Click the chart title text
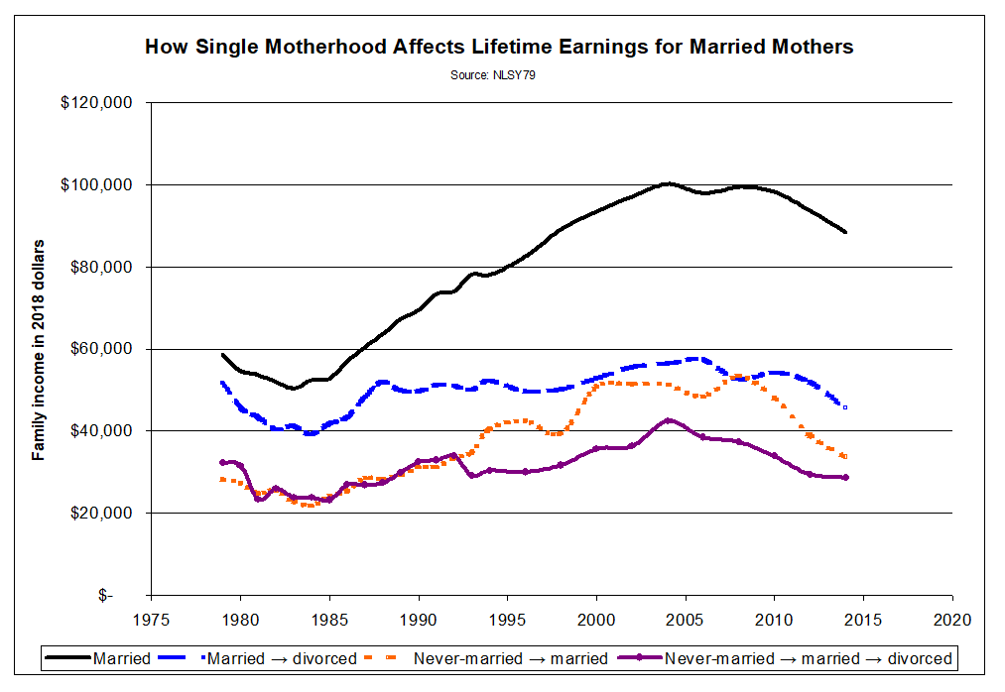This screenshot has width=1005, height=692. click(499, 47)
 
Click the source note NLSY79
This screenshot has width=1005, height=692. click(499, 73)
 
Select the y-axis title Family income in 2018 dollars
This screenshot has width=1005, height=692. click(39, 349)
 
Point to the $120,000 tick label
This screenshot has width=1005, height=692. click(97, 103)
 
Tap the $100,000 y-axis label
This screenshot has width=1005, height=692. click(97, 185)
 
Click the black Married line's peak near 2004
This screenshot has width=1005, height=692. click(668, 183)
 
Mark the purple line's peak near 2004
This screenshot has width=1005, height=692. click(669, 420)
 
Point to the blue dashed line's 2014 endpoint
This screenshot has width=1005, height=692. click(844, 406)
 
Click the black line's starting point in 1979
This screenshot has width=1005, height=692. click(222, 354)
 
